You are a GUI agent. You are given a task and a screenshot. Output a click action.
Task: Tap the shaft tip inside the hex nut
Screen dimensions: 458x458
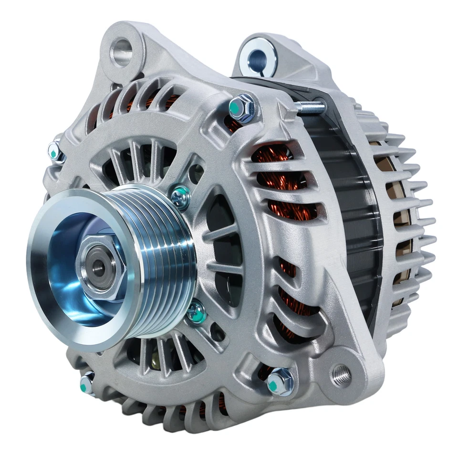click(99, 268)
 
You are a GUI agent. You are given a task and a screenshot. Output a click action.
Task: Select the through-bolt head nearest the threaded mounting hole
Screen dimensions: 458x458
click(280, 382)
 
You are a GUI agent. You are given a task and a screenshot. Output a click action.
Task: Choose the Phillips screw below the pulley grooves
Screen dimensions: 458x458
click(196, 313)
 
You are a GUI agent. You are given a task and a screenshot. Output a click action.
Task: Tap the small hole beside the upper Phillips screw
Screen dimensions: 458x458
click(196, 175)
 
